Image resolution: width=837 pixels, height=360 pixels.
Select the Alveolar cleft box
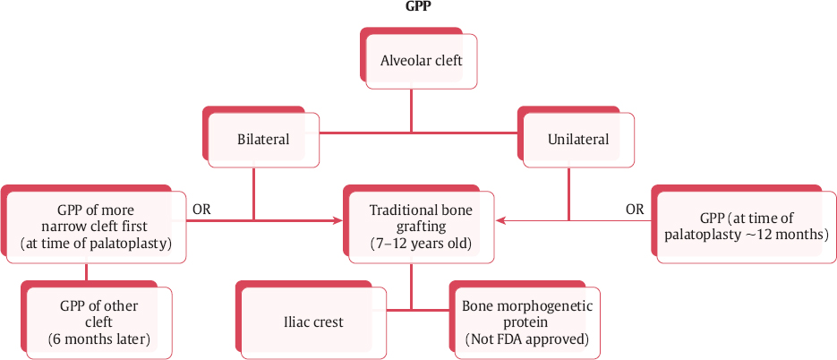click(421, 61)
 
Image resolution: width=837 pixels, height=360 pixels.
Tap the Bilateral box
click(263, 140)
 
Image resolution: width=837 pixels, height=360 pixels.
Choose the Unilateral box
click(578, 140)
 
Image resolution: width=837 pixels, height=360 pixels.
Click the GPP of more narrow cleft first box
click(97, 227)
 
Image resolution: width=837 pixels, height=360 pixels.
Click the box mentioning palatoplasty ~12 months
click(742, 227)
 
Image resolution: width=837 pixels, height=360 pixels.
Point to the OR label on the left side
click(201, 210)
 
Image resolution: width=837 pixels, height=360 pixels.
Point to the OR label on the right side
click(634, 210)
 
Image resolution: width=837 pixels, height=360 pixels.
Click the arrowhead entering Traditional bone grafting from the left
click(341, 219)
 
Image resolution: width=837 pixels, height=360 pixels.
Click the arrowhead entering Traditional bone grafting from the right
click(500, 219)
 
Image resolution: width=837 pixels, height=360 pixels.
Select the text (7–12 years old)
click(421, 243)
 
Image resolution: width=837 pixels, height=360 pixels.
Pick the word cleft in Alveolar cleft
click(445, 61)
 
